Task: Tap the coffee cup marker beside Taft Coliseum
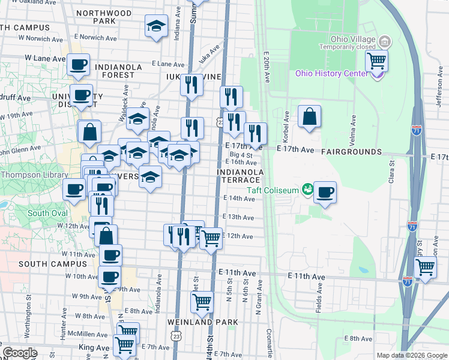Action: click(325, 192)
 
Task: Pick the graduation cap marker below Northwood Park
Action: click(157, 26)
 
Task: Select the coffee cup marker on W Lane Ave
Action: click(78, 65)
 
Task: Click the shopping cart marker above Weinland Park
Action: click(202, 302)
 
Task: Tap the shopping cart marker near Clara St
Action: click(425, 267)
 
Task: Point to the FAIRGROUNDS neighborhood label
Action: click(351, 152)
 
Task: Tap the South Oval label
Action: click(47, 213)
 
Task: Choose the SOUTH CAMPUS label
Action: click(53, 263)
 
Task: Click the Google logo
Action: click(20, 353)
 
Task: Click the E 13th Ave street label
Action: click(239, 217)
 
